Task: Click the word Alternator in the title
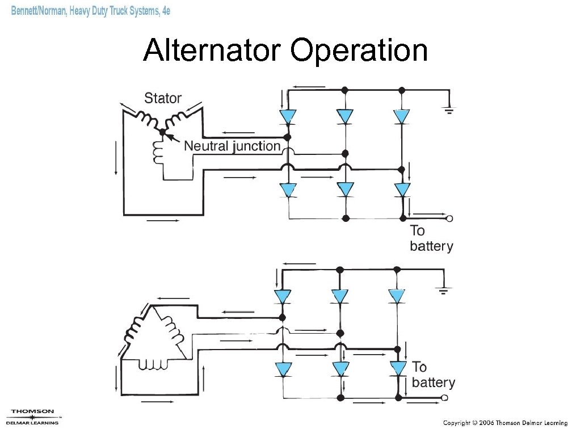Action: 213,51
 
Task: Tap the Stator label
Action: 163,98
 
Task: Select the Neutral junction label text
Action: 232,146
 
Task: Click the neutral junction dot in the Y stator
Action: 162,132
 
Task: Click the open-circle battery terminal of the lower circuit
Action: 451,398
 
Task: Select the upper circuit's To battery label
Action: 431,238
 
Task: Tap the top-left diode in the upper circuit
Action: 288,116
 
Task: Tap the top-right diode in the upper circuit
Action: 402,116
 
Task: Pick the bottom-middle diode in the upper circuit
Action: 345,190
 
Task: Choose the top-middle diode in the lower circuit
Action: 339,296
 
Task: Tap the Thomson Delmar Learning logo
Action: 32,417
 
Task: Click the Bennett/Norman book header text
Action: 91,11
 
